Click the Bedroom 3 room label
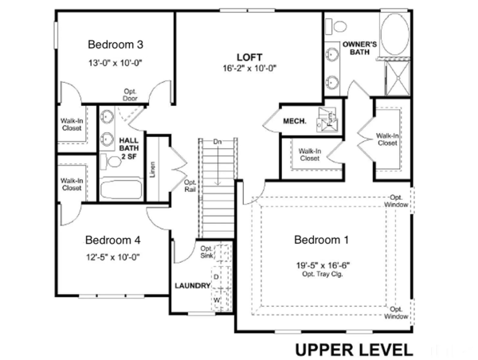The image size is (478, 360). tap(115, 44)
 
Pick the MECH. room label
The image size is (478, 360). tap(295, 121)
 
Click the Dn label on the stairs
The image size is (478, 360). tap(217, 142)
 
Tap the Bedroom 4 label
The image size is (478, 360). tap(114, 239)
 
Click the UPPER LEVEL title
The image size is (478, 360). tap(354, 348)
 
